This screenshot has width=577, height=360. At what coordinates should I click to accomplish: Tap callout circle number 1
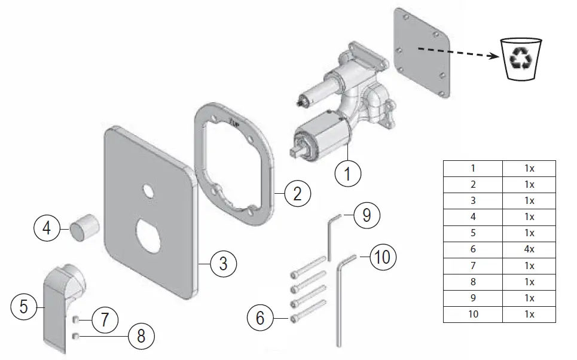pyautogui.click(x=351, y=175)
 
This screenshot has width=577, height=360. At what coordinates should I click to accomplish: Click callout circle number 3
pyautogui.click(x=222, y=263)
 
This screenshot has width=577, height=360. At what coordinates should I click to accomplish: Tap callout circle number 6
pyautogui.click(x=260, y=318)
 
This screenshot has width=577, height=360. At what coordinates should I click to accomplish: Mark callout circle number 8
pyautogui.click(x=141, y=336)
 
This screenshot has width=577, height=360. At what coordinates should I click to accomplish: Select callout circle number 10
pyautogui.click(x=382, y=257)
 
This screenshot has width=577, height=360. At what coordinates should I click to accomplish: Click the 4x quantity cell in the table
pyautogui.click(x=529, y=249)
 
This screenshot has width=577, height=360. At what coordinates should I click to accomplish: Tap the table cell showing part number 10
pyautogui.click(x=472, y=314)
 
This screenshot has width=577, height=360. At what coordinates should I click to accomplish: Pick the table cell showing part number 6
pyautogui.click(x=472, y=249)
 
